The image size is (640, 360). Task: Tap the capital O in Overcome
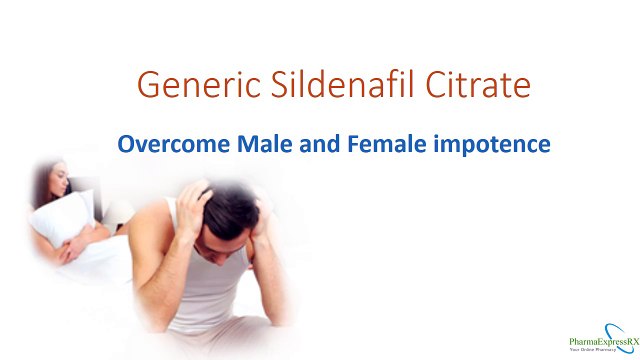click(126, 144)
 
